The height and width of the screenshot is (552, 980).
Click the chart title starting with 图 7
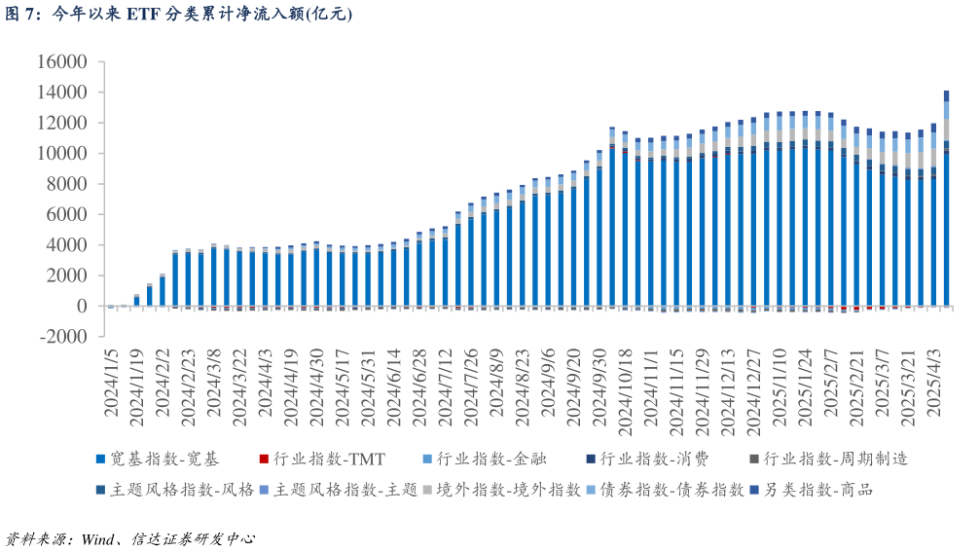[x=177, y=14]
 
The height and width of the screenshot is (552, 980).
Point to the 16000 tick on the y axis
[x=60, y=62]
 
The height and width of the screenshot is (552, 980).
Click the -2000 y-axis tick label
[x=60, y=337]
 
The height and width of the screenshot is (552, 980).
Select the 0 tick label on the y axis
[x=82, y=307]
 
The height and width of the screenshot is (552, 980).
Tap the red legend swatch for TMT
[x=264, y=460]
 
